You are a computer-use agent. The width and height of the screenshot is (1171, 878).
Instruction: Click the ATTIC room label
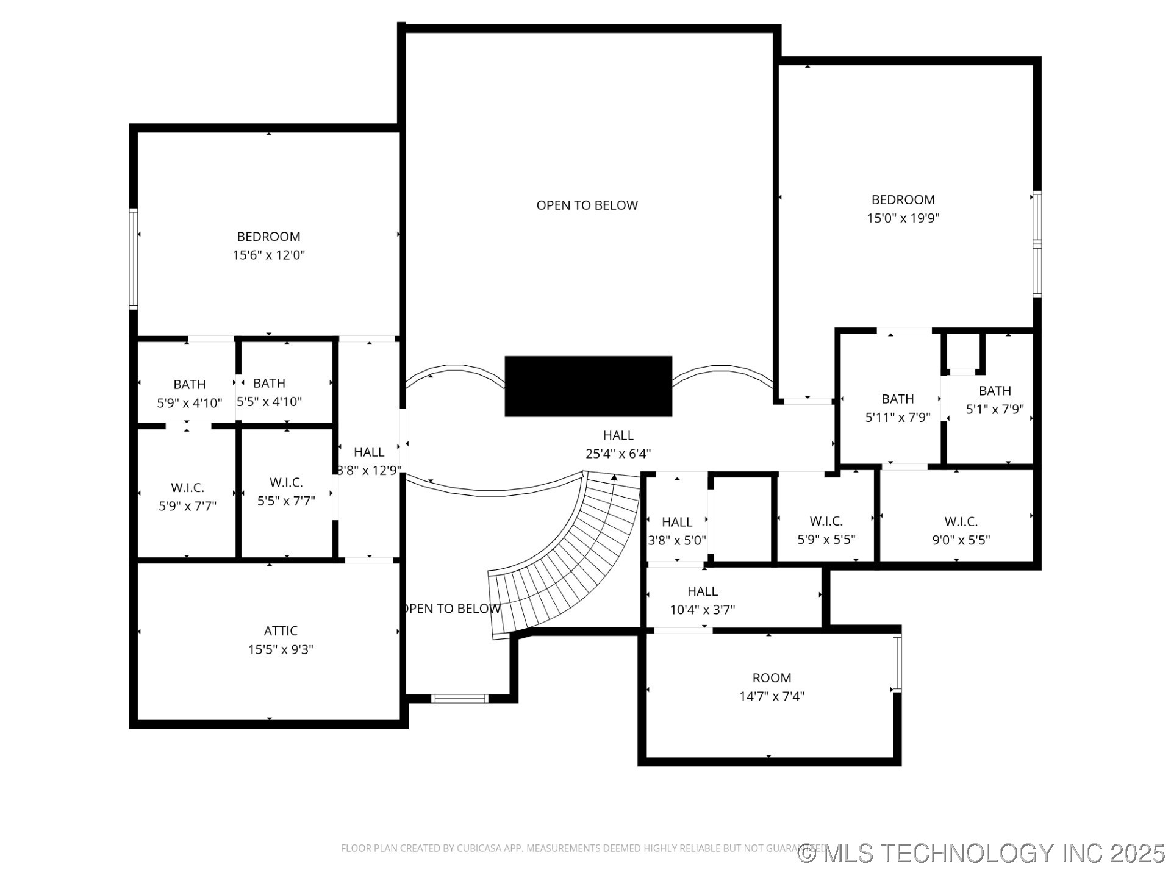[x=281, y=630]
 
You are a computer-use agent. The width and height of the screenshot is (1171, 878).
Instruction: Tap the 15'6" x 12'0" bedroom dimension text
[x=268, y=255]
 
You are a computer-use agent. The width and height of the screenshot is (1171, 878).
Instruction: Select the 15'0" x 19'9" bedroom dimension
[x=903, y=218]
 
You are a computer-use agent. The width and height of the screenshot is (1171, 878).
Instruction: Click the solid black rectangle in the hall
[x=588, y=387]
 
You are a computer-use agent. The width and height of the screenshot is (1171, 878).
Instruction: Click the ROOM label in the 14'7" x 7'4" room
[x=772, y=677]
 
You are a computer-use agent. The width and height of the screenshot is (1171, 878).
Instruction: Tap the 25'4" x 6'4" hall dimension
[x=618, y=454]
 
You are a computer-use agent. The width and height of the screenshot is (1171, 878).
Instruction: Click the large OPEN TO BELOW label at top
[x=587, y=205]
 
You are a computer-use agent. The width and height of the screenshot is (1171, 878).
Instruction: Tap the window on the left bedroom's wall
[x=133, y=259]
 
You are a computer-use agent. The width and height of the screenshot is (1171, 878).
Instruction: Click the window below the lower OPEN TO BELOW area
[x=459, y=698]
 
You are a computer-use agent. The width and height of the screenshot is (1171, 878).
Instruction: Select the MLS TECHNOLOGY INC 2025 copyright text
[x=982, y=853]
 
